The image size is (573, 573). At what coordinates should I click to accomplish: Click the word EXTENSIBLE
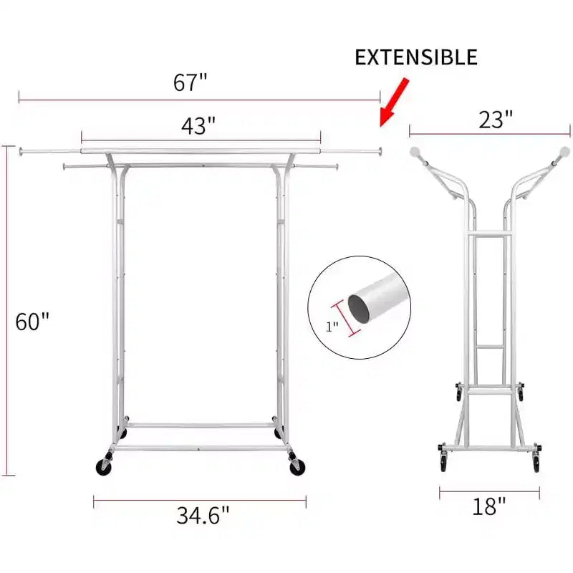pyautogui.click(x=416, y=57)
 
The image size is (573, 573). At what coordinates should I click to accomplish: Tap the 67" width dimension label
pyautogui.click(x=190, y=82)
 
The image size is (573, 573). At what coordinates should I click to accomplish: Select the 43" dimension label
pyautogui.click(x=198, y=126)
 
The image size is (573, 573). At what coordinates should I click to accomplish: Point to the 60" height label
pyautogui.click(x=32, y=321)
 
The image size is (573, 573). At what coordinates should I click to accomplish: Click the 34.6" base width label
pyautogui.click(x=203, y=515)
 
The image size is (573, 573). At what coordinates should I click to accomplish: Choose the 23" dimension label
pyautogui.click(x=496, y=119)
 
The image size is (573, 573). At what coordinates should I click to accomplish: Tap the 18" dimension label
pyautogui.click(x=489, y=506)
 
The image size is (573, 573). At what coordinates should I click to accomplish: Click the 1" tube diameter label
pyautogui.click(x=332, y=327)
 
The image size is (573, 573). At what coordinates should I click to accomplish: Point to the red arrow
pyautogui.click(x=393, y=102)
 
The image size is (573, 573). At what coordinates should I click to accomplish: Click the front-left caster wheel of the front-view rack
pyautogui.click(x=104, y=467)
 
